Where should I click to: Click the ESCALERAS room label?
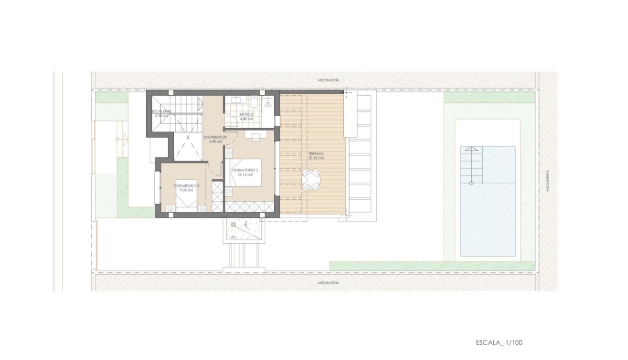tap(161, 111)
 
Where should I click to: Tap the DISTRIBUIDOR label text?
tap(215, 137)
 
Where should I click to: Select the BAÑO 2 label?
tap(246, 114)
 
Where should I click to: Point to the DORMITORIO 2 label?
tap(245, 170)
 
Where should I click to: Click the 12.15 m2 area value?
tap(245, 175)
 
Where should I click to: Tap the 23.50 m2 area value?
tap(316, 159)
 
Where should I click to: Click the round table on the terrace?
tap(311, 180)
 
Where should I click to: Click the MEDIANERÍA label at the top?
tap(328, 80)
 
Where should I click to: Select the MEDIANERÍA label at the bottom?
tap(328, 282)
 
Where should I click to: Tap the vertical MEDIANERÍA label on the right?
tap(548, 181)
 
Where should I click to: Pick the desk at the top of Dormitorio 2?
tap(256, 136)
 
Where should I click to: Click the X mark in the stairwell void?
tap(188, 138)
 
